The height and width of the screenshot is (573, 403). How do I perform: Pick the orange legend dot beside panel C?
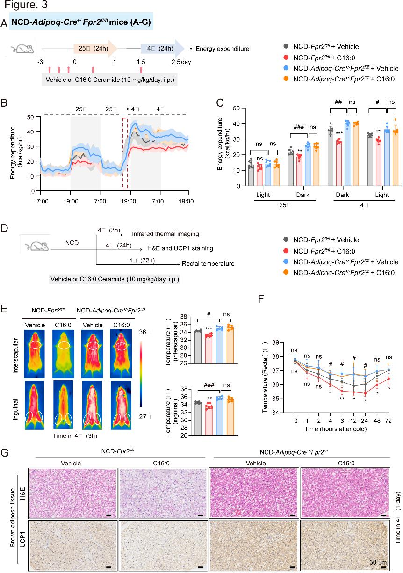coord(286,79)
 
